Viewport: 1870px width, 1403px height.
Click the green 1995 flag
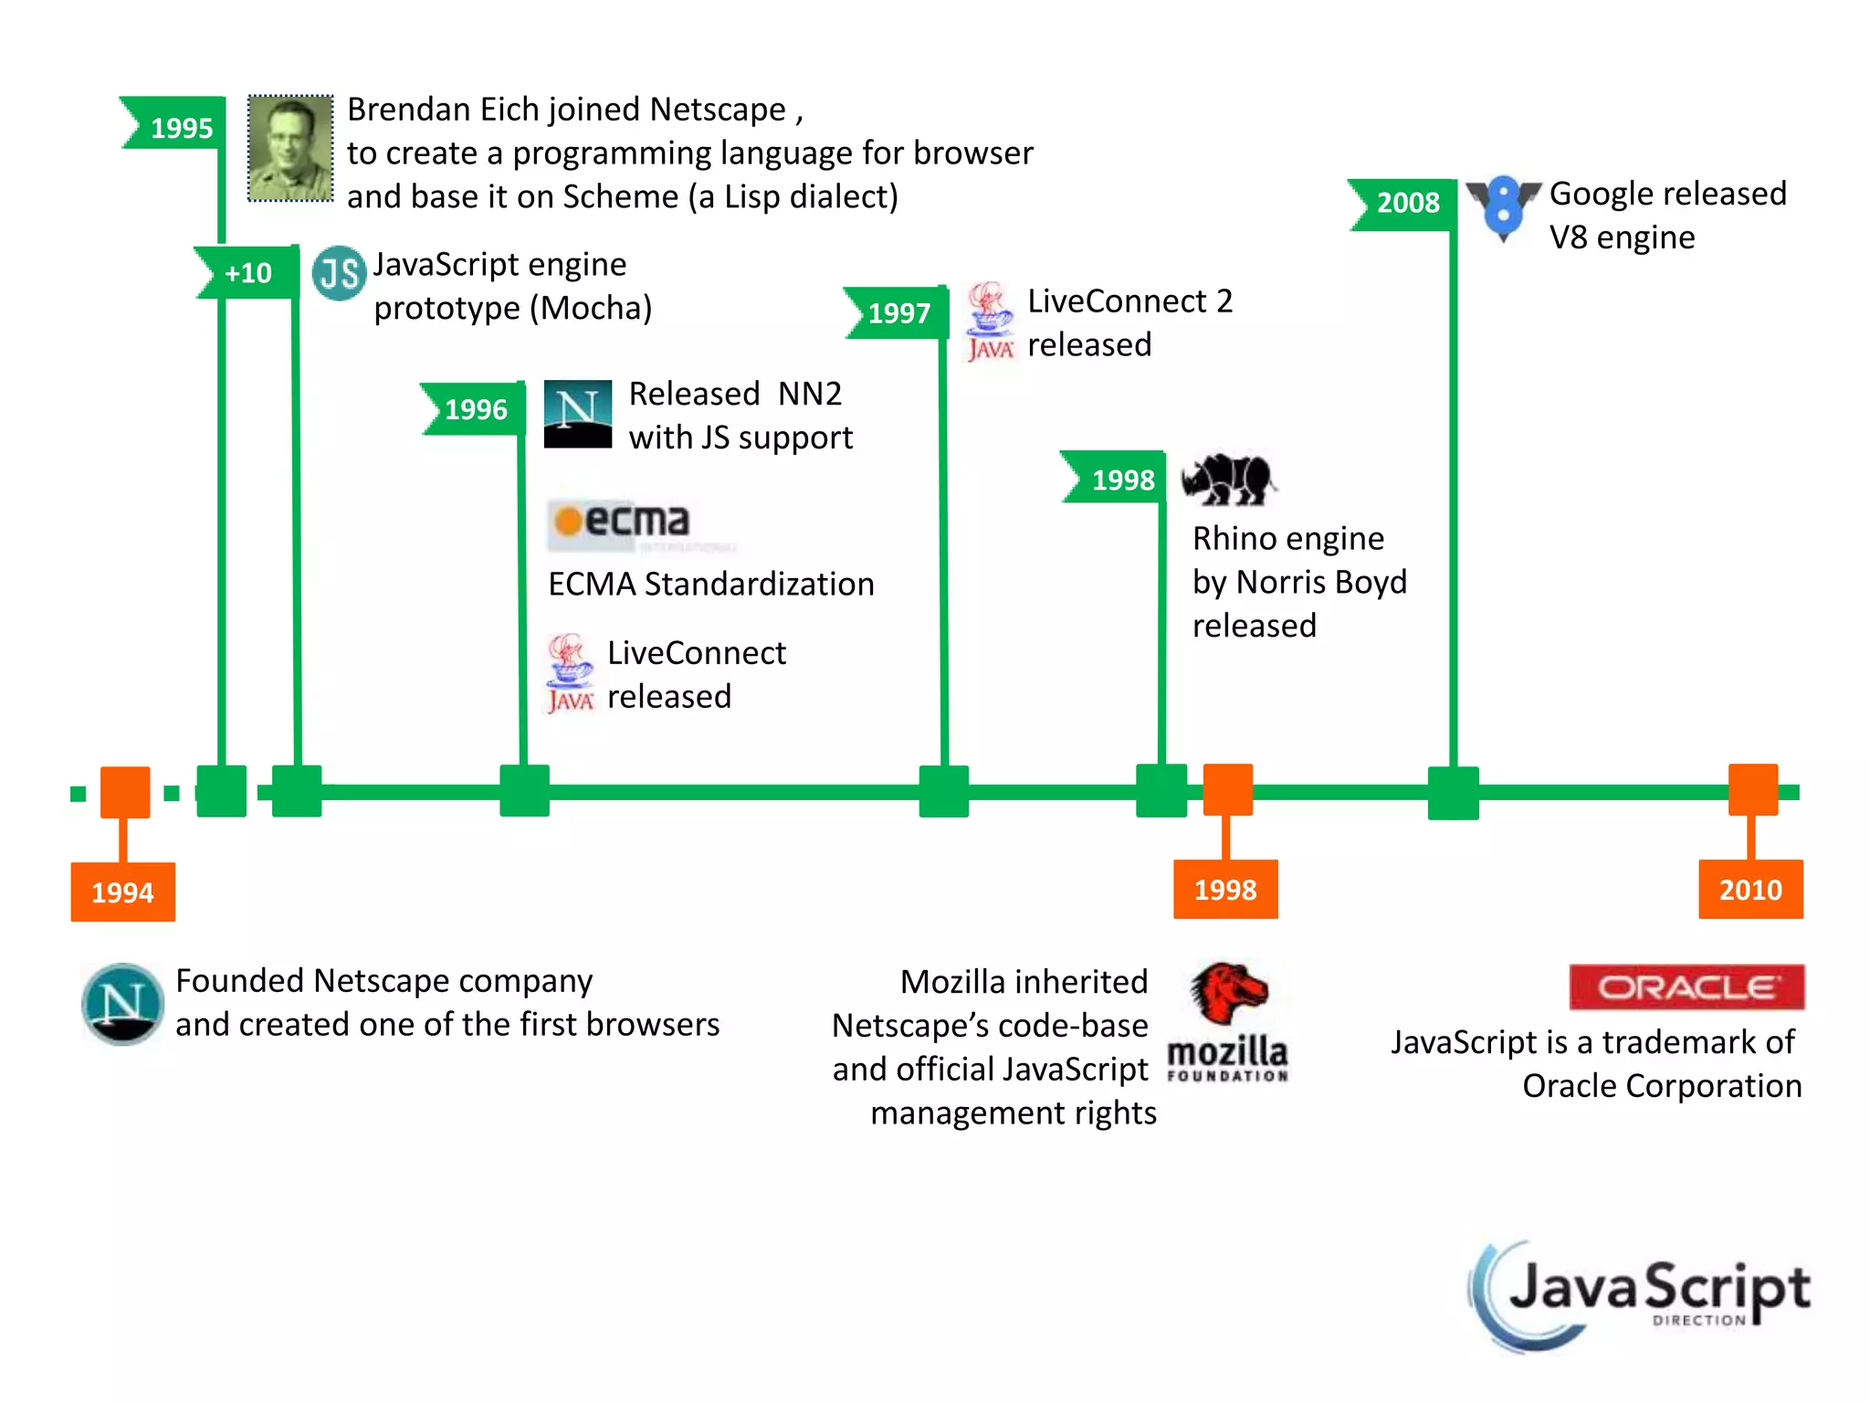coord(175,124)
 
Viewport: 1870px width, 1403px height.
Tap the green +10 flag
coord(247,272)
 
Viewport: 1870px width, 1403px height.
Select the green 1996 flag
coord(474,408)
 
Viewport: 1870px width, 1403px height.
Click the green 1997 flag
coord(898,312)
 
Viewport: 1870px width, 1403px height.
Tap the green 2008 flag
coord(1404,203)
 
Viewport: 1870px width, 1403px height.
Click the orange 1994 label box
coord(123,891)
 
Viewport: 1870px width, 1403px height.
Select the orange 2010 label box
coord(1750,889)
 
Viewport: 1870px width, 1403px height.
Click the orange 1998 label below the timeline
coord(1225,889)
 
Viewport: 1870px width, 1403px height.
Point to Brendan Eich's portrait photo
coord(290,148)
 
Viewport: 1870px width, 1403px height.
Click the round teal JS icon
coord(339,272)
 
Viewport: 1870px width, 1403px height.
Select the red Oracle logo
coord(1686,986)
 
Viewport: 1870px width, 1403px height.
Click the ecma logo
coord(621,523)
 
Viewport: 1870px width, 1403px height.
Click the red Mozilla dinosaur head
coord(1227,992)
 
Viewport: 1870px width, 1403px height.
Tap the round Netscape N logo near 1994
coord(122,1004)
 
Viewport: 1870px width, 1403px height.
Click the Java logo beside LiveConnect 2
coord(990,322)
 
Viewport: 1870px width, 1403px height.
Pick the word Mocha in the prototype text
coord(590,309)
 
